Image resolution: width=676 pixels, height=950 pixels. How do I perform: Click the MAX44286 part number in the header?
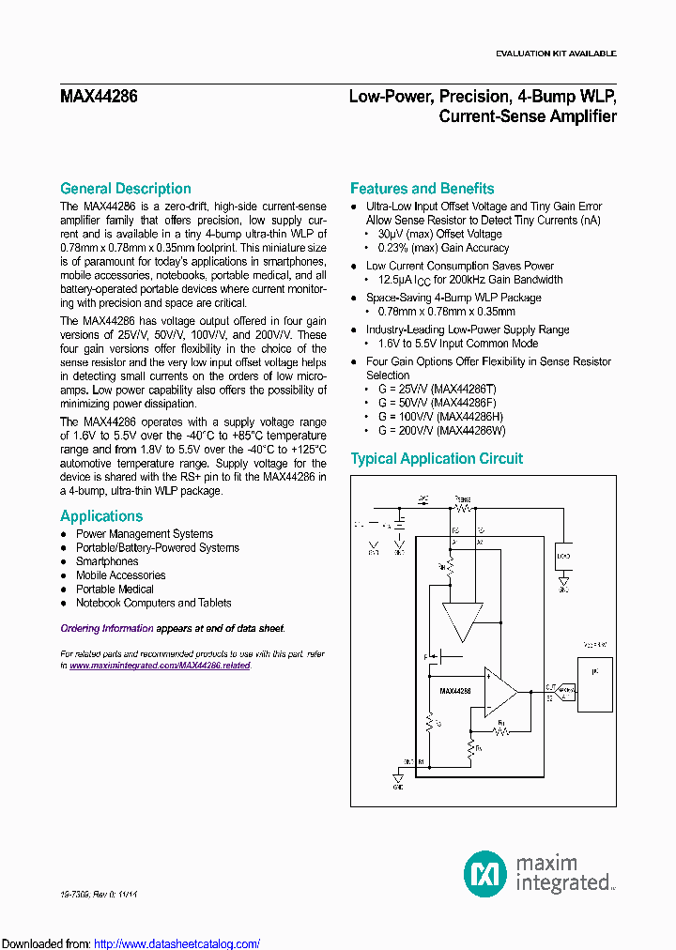coord(99,96)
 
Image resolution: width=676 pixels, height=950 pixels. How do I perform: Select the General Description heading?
coord(125,189)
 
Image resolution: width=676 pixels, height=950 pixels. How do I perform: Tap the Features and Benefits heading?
coord(422,189)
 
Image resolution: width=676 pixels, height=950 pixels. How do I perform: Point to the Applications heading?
coord(101,516)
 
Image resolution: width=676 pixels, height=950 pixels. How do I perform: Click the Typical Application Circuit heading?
coord(437,459)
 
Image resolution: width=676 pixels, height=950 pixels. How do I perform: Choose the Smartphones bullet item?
coord(107,561)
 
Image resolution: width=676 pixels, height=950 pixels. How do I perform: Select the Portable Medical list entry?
coord(108,590)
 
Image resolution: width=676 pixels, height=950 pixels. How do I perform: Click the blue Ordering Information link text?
coord(107,629)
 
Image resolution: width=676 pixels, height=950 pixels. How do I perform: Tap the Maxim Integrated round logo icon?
coord(485,873)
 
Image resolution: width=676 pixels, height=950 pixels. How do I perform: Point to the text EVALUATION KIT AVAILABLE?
coord(556,54)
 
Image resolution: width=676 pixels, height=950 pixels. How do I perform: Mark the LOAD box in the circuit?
coord(563,556)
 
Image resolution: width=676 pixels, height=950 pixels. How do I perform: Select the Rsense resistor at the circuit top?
coord(462,505)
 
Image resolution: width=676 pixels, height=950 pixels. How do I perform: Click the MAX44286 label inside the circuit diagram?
coord(455,690)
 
